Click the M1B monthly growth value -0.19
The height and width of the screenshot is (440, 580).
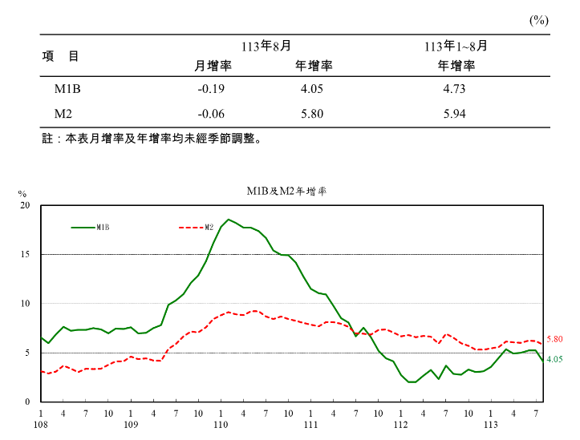pyautogui.click(x=210, y=89)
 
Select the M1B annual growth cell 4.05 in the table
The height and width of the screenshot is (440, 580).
pyautogui.click(x=311, y=89)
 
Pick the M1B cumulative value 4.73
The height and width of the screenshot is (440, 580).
pyautogui.click(x=454, y=89)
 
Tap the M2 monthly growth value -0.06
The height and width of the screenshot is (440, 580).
pyautogui.click(x=210, y=114)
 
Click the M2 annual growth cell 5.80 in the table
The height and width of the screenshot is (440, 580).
pyautogui.click(x=311, y=114)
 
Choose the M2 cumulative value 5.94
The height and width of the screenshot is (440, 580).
pyautogui.click(x=454, y=114)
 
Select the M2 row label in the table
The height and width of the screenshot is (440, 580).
pyautogui.click(x=64, y=114)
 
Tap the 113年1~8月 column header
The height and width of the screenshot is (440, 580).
pyautogui.click(x=456, y=46)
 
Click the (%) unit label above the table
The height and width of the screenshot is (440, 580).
pyautogui.click(x=538, y=21)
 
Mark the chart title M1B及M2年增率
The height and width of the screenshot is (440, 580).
pyautogui.click(x=286, y=191)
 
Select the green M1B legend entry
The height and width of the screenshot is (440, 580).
pyautogui.click(x=91, y=227)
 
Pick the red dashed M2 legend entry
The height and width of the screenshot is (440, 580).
pyautogui.click(x=196, y=227)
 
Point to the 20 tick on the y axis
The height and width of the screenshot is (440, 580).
pyautogui.click(x=24, y=206)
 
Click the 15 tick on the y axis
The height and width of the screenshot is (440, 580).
pyautogui.click(x=24, y=255)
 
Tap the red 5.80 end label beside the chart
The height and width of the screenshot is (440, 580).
pyautogui.click(x=554, y=340)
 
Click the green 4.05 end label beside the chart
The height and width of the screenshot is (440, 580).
pyautogui.click(x=554, y=360)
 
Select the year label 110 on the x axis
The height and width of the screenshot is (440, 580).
pyautogui.click(x=221, y=423)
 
